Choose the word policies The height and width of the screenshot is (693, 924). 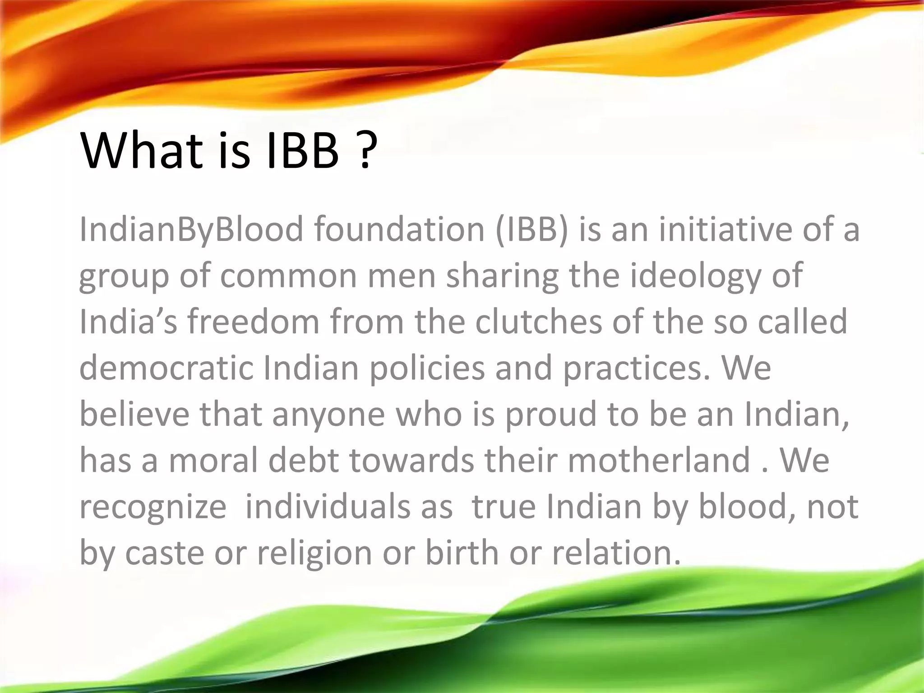[427, 368]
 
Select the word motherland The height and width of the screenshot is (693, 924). [659, 460]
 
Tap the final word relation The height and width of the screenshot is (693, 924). [616, 553]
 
